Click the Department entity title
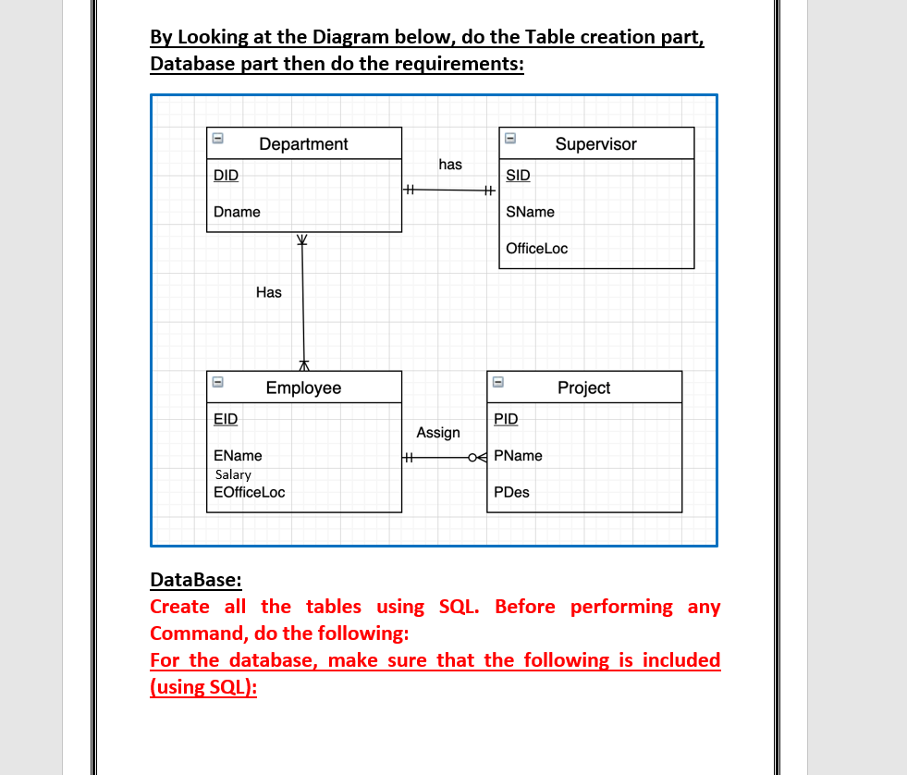(x=303, y=144)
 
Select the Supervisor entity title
(x=595, y=144)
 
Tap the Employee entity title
(x=303, y=388)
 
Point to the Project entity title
(x=583, y=388)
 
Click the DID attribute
(x=226, y=175)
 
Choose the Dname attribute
(x=237, y=212)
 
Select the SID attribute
(x=519, y=175)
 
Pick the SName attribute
(x=531, y=212)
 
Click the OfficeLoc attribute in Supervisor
(x=537, y=249)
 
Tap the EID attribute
(x=226, y=419)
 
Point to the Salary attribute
(x=233, y=474)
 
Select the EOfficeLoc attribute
(x=249, y=492)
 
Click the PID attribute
(x=506, y=419)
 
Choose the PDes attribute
(x=511, y=492)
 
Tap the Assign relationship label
(x=438, y=433)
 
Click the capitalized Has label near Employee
(x=269, y=292)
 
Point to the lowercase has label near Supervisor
(x=450, y=165)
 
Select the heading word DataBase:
(x=195, y=580)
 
